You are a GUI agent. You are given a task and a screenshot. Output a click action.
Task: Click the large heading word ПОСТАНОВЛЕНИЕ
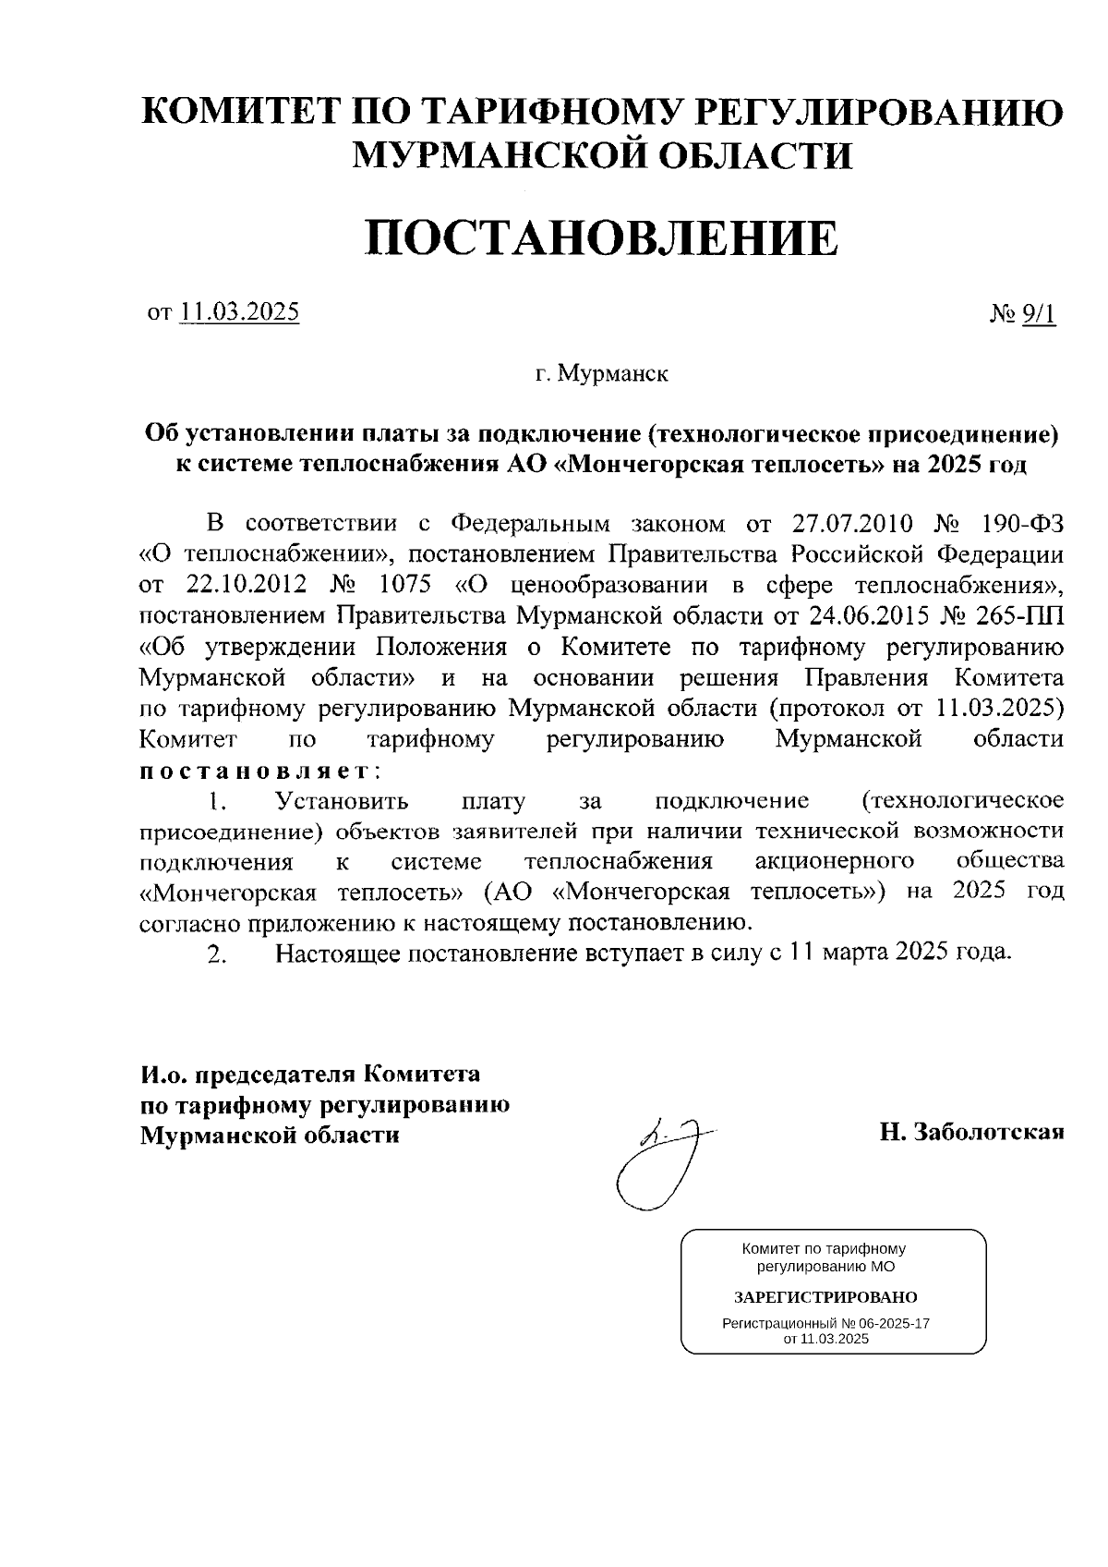pos(603,237)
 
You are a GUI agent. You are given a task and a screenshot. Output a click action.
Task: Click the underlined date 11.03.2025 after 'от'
pos(240,312)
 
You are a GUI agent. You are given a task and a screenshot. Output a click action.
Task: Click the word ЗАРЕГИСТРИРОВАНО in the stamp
pos(825,1297)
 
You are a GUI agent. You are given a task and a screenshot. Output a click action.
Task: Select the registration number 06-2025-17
pos(892,1323)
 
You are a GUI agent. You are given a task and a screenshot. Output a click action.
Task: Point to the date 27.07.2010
pos(852,524)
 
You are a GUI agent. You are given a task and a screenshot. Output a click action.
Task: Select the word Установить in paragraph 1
pos(343,800)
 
